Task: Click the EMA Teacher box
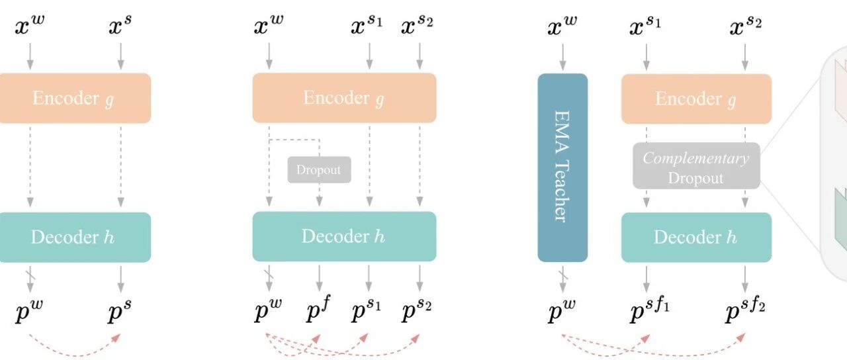point(562,169)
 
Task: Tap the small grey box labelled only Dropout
point(319,170)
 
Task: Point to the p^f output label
point(318,312)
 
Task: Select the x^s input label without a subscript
point(120,28)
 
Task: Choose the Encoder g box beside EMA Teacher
point(695,99)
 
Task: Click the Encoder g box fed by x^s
point(75,98)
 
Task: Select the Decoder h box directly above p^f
point(344,236)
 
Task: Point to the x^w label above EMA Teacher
point(562,28)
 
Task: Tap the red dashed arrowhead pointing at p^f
point(316,337)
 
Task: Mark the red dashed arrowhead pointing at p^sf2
point(741,337)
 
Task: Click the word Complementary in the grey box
point(695,159)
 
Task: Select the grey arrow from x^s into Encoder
point(120,56)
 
